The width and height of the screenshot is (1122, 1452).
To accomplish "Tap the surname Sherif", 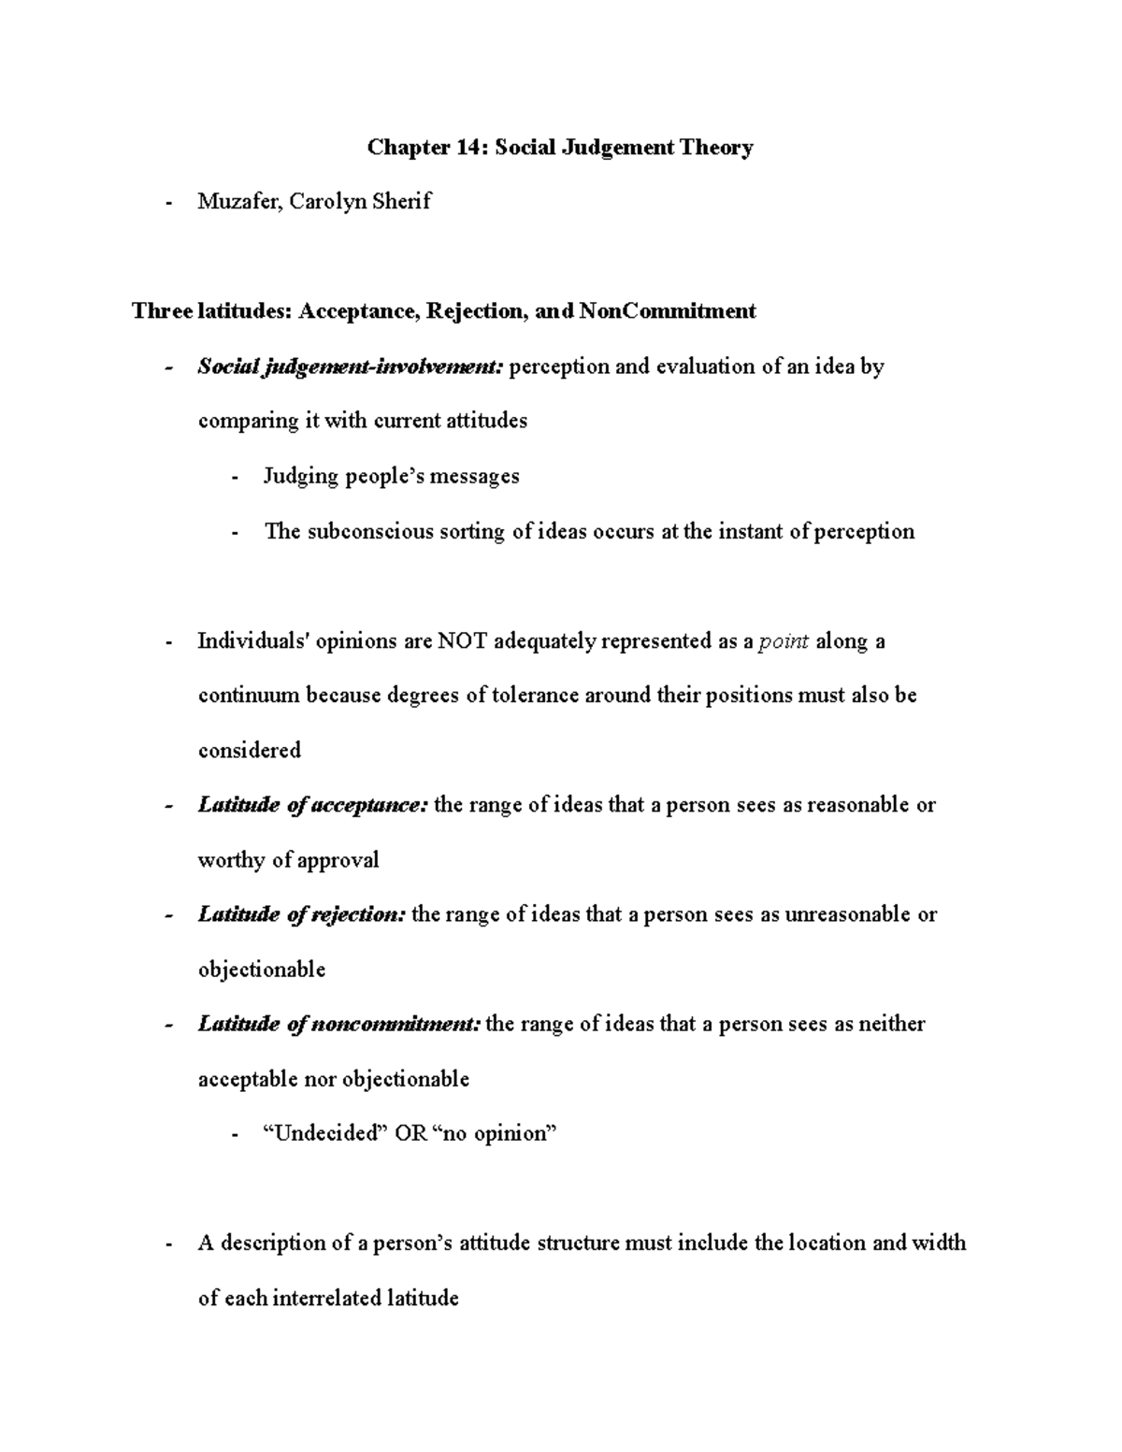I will coord(401,201).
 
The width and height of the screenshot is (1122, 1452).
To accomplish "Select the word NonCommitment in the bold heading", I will coord(668,310).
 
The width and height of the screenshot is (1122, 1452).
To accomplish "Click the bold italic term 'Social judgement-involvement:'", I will coord(351,367).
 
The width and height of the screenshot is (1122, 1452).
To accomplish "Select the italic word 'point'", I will coord(784,641).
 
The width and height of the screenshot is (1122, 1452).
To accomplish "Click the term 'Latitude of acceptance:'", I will coord(313,805).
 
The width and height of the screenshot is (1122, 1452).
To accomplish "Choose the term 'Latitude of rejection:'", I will coord(302,914).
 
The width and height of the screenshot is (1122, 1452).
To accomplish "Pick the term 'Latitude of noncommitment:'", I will coord(339,1024).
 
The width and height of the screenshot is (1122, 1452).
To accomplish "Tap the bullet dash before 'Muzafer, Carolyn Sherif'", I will coord(168,202).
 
